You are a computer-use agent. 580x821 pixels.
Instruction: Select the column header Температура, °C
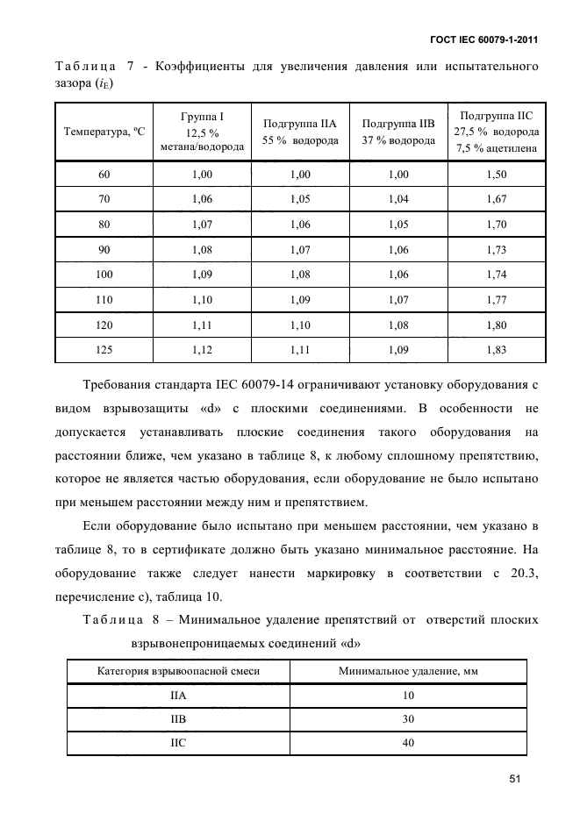[x=104, y=132]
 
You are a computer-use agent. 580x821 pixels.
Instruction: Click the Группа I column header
[x=203, y=132]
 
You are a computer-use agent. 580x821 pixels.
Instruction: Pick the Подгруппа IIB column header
[x=398, y=132]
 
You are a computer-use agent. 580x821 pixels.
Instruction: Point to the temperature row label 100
[x=104, y=275]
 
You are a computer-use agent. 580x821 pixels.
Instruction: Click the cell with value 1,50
[x=497, y=175]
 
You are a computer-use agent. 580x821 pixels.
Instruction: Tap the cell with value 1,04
[x=398, y=199]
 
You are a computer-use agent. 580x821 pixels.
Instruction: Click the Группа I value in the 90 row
[x=203, y=250]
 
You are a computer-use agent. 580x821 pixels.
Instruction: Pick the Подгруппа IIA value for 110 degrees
[x=300, y=299]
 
